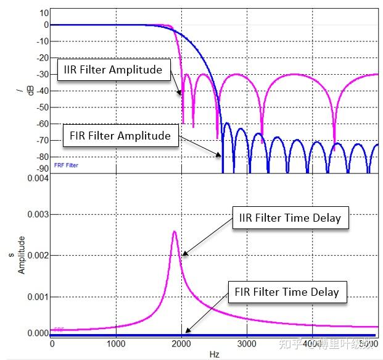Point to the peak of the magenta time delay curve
tap(175, 232)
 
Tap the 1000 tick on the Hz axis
tap(117, 344)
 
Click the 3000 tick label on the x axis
tap(247, 344)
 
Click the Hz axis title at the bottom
tap(213, 354)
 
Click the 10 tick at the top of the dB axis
tap(44, 12)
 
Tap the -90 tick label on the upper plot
tap(41, 168)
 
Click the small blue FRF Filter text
tap(65, 165)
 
